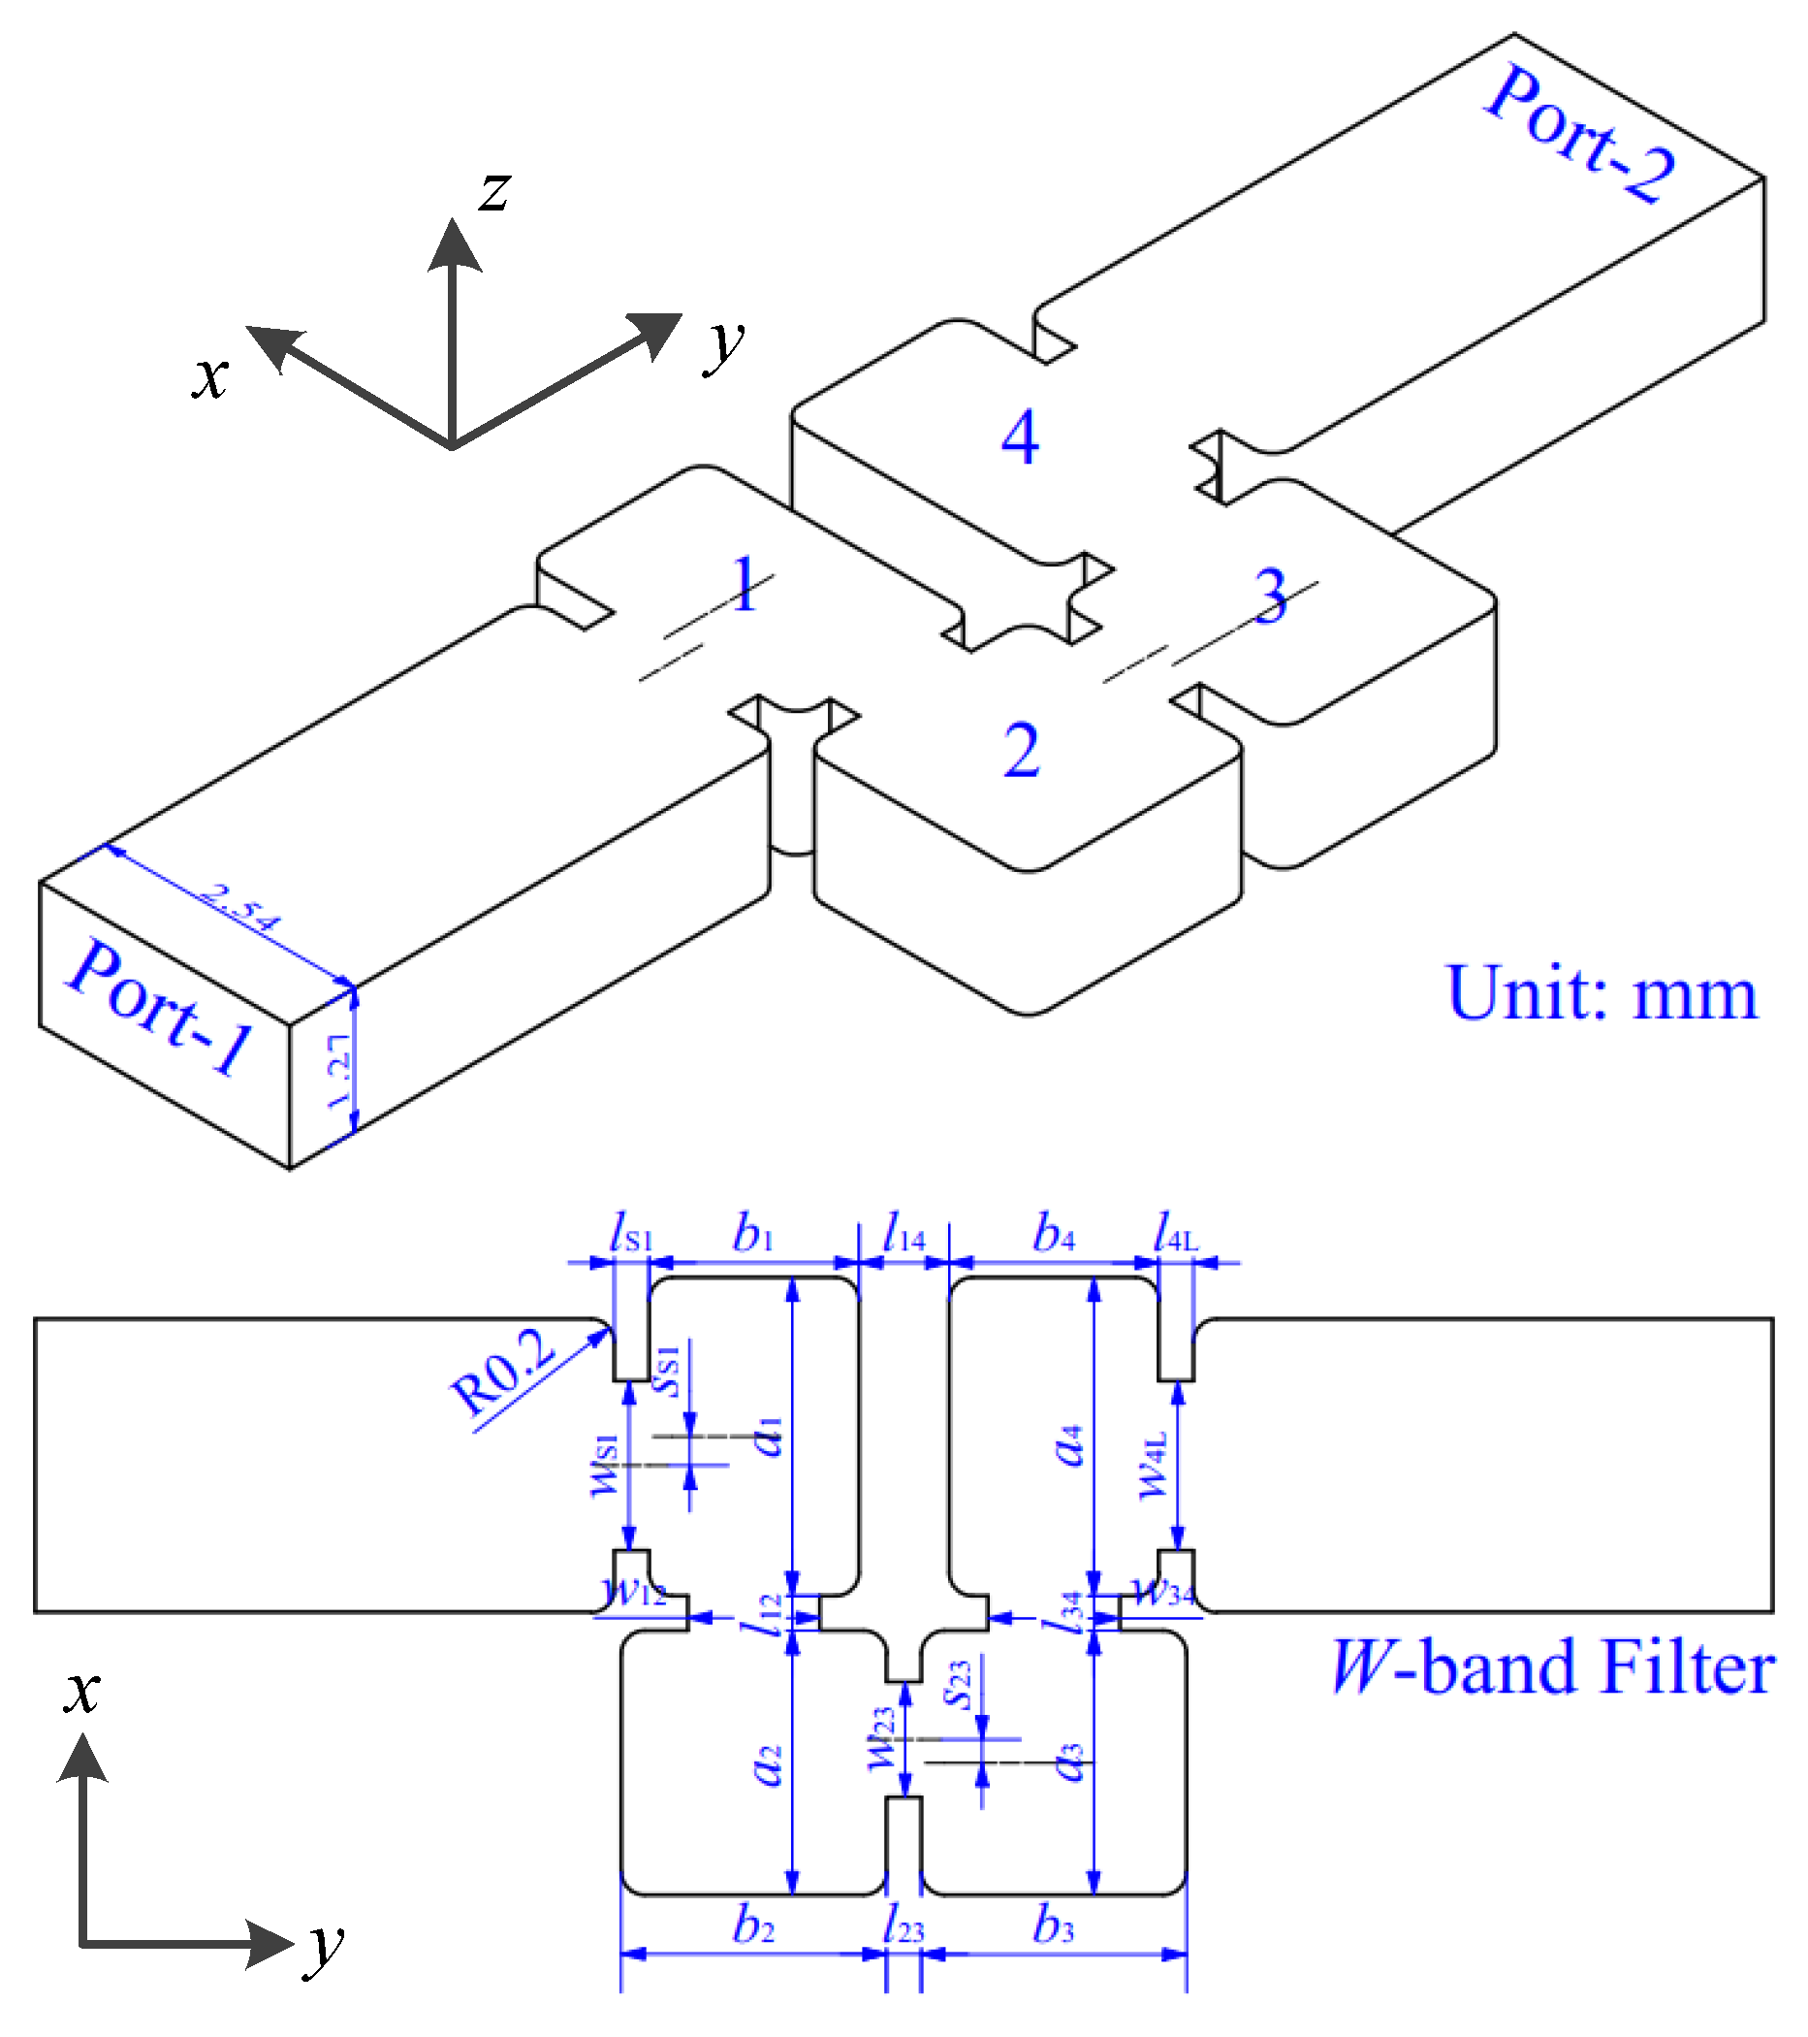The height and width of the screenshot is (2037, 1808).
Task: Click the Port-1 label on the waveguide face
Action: point(159,1007)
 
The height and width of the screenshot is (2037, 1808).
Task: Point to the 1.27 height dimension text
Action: point(339,1071)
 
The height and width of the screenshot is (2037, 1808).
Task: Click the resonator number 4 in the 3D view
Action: point(1019,437)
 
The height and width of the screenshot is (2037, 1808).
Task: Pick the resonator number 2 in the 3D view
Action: point(1021,751)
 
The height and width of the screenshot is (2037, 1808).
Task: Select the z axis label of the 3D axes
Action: point(494,189)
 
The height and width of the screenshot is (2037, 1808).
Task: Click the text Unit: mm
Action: point(1602,993)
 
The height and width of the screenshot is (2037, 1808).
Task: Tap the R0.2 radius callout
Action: point(502,1372)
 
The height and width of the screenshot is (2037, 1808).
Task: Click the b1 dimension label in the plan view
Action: point(753,1235)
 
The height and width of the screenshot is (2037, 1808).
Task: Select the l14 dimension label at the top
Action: point(904,1235)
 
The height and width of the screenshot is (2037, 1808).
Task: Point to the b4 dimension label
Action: point(1054,1235)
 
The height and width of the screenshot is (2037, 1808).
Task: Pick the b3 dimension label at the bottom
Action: point(1054,1925)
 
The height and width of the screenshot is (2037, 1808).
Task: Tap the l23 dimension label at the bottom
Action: point(904,1925)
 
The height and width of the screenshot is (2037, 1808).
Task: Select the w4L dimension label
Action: point(1153,1465)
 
